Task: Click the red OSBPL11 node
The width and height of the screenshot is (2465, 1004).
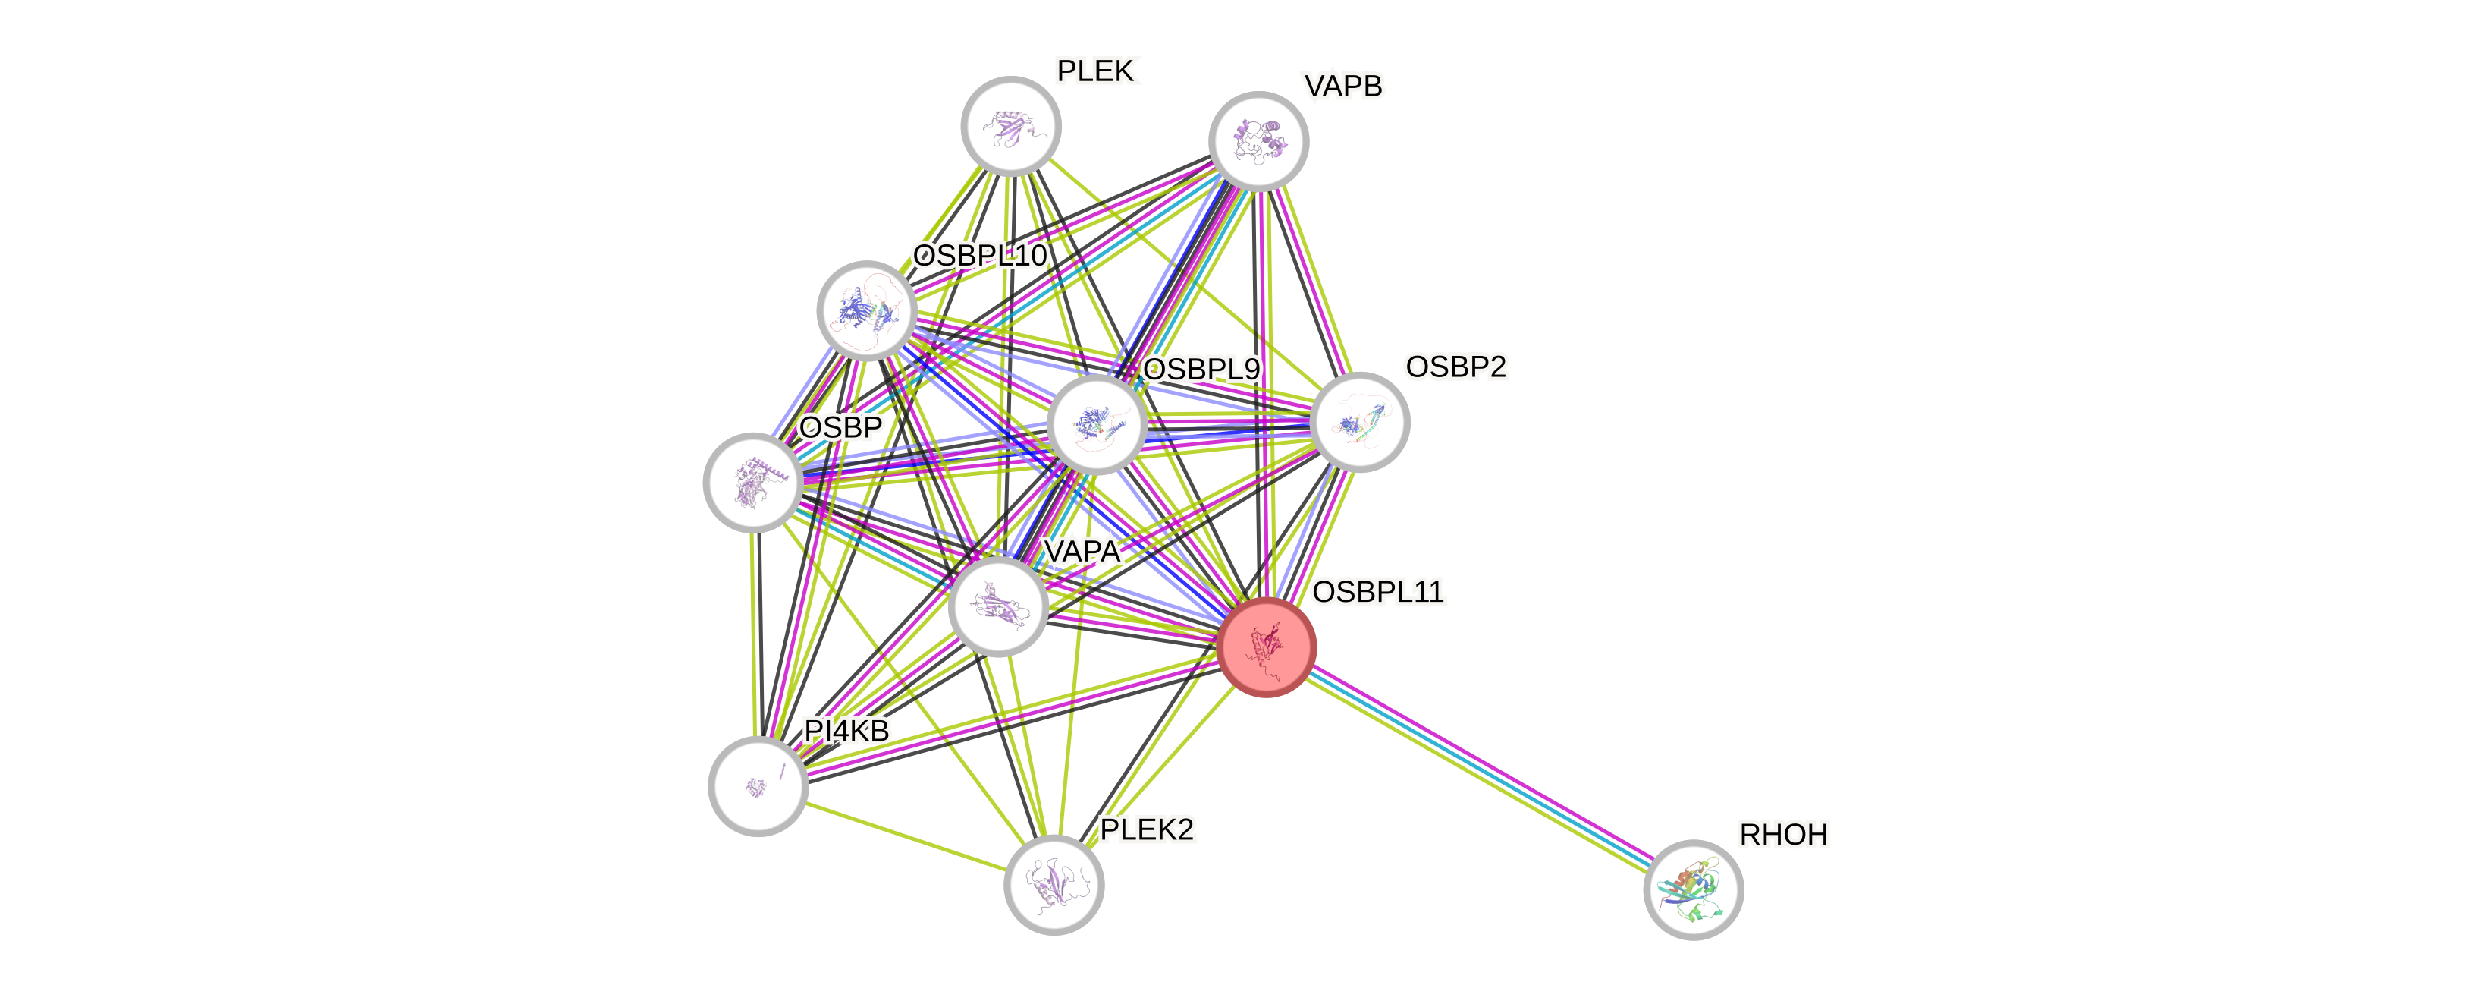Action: [1267, 648]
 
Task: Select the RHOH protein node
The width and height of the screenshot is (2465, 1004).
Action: [1693, 889]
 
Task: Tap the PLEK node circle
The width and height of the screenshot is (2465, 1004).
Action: [1010, 126]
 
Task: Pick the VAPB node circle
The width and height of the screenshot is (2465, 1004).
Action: [1258, 140]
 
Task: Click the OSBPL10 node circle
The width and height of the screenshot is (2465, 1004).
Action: [867, 310]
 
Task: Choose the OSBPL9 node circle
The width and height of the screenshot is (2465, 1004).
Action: [1097, 424]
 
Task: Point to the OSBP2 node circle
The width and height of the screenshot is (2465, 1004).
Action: [1359, 422]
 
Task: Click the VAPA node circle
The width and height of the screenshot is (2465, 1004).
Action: [997, 607]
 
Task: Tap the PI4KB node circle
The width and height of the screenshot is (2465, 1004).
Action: [758, 785]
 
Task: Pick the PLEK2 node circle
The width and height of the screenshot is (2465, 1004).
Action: [1054, 884]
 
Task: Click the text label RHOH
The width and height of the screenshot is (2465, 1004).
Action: [1782, 835]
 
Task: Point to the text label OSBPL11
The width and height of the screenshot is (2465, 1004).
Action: [1378, 591]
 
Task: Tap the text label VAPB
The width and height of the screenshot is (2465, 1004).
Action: [1342, 87]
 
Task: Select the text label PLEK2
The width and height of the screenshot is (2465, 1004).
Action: [1146, 829]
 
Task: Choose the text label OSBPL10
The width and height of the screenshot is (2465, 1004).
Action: [980, 256]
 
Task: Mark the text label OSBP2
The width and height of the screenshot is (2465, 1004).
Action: [1455, 366]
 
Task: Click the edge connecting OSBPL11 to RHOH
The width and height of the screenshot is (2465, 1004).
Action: [1480, 769]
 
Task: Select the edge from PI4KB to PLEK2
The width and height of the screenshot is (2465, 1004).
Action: [906, 835]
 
